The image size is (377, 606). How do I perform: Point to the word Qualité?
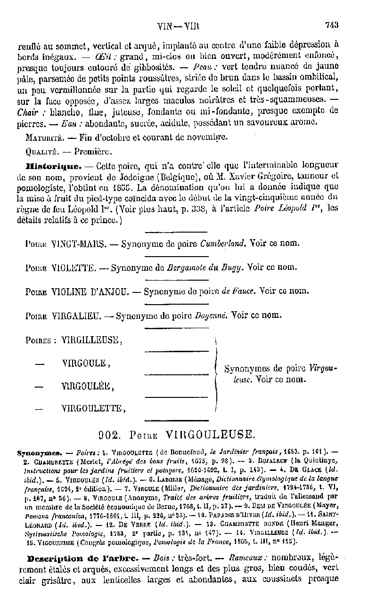tap(41, 152)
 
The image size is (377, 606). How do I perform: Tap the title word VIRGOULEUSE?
tap(209, 434)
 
